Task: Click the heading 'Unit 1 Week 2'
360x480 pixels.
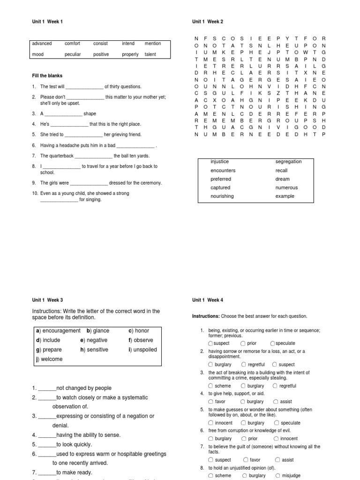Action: [x=208, y=22]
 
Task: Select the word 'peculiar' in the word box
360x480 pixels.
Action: [x=73, y=54]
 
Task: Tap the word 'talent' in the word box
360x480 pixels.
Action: [x=150, y=54]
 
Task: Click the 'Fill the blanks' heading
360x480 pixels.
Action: [x=47, y=75]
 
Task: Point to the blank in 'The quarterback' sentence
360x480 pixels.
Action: [x=93, y=157]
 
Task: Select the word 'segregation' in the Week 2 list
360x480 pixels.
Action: [x=288, y=162]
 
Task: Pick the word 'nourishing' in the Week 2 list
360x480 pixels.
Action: [x=222, y=196]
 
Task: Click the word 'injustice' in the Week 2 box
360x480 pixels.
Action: [x=220, y=162]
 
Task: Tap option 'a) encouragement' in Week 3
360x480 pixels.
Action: [x=58, y=331]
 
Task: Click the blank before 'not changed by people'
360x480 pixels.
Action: [x=47, y=389]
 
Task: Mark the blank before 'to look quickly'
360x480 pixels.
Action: [x=47, y=445]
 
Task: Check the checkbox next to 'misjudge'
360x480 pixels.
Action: [x=278, y=475]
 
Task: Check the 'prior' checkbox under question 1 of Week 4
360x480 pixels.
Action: [x=243, y=343]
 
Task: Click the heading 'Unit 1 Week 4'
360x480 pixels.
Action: [x=208, y=300]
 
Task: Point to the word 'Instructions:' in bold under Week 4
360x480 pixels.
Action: [x=206, y=316]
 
